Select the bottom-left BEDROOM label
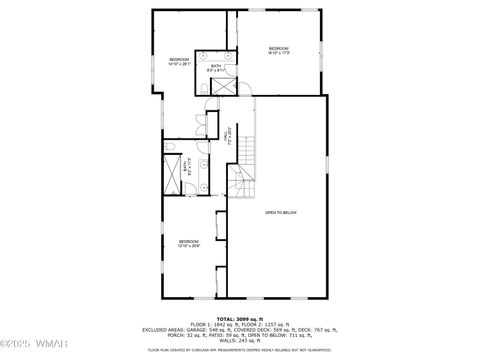[x=189, y=243]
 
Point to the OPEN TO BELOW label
[x=281, y=213]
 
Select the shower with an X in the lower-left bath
[x=173, y=177]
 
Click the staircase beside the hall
[x=244, y=170]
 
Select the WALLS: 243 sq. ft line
[x=239, y=339]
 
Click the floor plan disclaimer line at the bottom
[x=239, y=350]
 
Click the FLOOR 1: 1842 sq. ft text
[x=213, y=324]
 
